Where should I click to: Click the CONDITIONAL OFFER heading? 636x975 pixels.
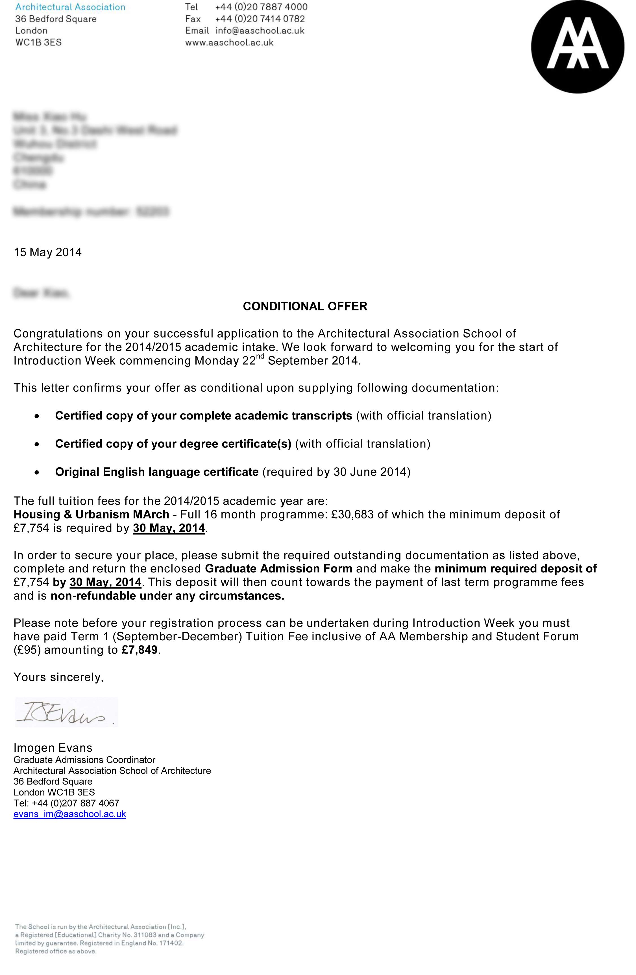pos(305,306)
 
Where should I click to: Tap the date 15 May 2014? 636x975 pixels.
pos(47,252)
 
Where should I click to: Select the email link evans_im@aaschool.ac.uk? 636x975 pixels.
pos(69,814)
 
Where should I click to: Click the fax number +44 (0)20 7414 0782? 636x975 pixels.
pos(260,19)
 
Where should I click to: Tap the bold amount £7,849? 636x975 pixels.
pos(140,650)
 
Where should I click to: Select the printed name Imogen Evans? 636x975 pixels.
pos(53,748)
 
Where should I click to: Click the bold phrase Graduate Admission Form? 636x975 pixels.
pos(278,568)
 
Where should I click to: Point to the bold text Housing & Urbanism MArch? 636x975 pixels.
pos(91,514)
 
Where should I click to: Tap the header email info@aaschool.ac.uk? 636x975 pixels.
pos(260,31)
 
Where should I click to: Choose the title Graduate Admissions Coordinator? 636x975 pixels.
pos(84,760)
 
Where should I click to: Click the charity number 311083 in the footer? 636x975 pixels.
pos(145,935)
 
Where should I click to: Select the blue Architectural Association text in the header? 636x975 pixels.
pos(70,7)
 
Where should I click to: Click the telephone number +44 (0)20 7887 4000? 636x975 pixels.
pos(261,7)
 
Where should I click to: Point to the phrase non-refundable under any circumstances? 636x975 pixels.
pos(167,596)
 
